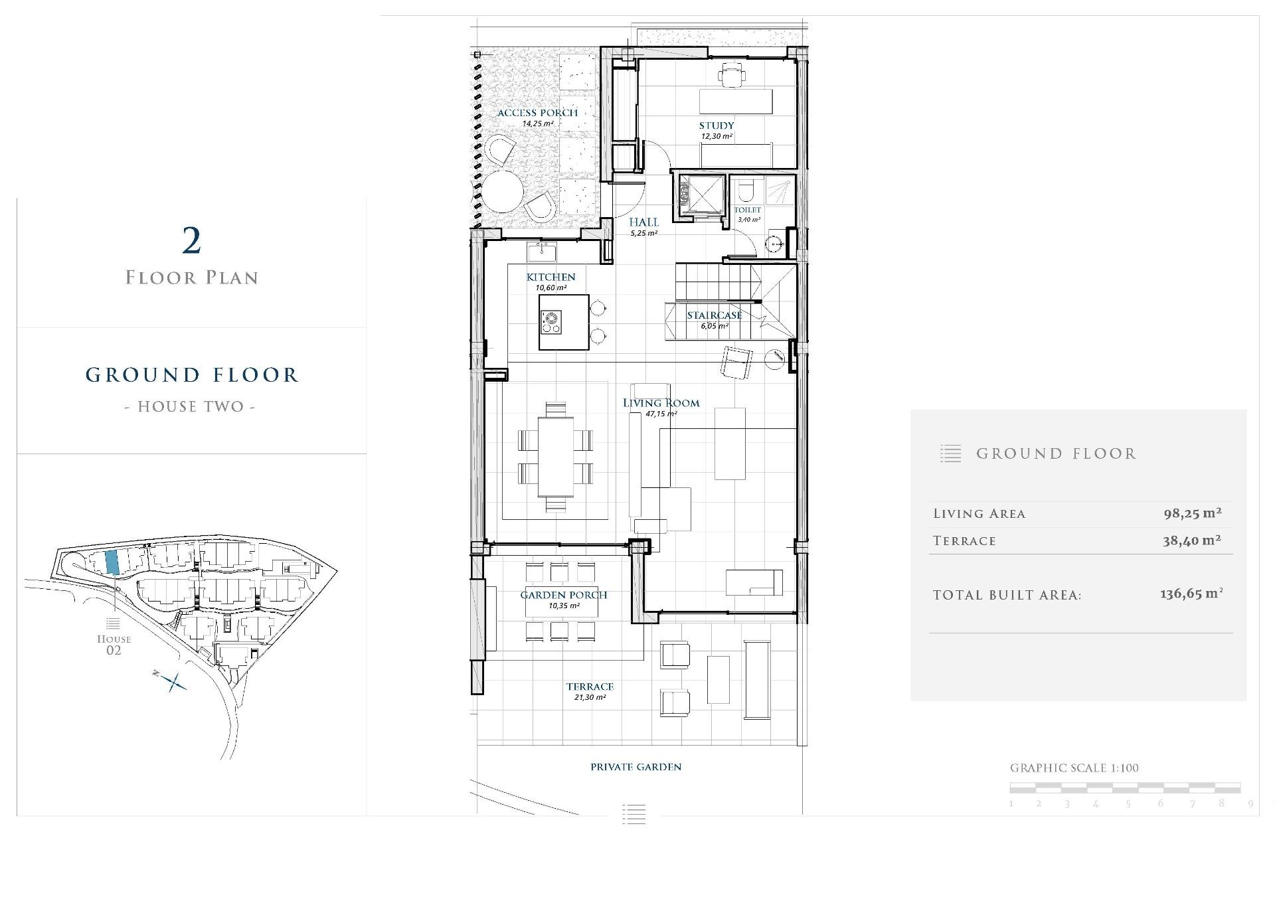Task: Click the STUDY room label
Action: click(716, 125)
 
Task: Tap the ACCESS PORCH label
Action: click(538, 113)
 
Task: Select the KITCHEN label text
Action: click(551, 277)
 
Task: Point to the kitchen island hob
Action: click(551, 322)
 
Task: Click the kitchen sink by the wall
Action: click(542, 252)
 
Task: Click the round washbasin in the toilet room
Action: click(774, 244)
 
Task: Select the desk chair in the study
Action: click(730, 75)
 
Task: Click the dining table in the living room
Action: click(556, 456)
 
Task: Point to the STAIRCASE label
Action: click(715, 315)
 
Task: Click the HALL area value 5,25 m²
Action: click(643, 234)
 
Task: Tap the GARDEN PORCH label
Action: click(564, 595)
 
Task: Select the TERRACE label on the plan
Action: click(590, 687)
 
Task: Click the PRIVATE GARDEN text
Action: click(636, 767)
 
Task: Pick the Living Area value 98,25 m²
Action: click(1193, 513)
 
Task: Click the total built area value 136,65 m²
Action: click(1191, 594)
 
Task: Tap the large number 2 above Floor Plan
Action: click(191, 241)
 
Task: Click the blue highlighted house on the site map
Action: click(112, 562)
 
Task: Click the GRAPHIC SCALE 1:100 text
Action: click(1074, 768)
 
